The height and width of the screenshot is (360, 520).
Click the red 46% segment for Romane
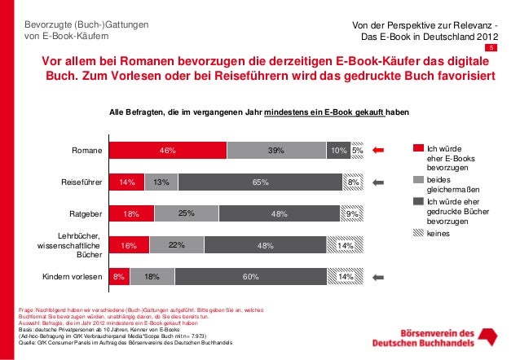168,151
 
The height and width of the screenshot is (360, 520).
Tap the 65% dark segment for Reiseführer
260,183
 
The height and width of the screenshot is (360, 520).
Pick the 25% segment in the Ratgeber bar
185,214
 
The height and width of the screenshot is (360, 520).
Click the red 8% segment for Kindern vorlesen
119,278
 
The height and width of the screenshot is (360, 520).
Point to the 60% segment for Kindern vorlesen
245,278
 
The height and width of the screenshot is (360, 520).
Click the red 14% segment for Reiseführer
126,183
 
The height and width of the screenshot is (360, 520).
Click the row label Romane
86,151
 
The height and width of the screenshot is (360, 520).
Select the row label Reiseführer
82,183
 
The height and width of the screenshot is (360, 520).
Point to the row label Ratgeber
85,214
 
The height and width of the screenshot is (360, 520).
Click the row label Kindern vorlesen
73,278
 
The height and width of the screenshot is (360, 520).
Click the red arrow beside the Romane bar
377,151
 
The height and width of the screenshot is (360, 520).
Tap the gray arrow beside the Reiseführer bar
377,183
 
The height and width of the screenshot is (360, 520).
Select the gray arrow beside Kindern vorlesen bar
377,278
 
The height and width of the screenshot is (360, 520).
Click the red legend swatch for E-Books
419,148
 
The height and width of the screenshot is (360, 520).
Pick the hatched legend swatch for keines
419,233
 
